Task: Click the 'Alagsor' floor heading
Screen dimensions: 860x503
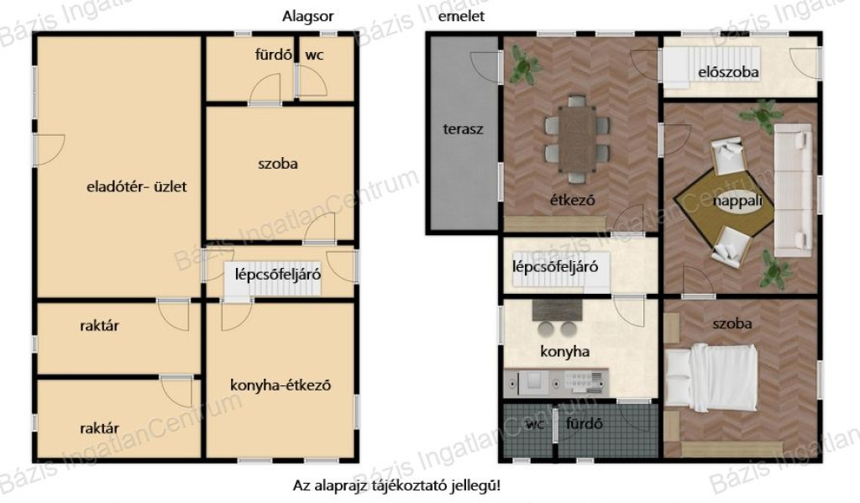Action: tap(307, 17)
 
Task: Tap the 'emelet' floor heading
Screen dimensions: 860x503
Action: tap(461, 17)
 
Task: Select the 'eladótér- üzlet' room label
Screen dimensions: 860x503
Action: tap(137, 186)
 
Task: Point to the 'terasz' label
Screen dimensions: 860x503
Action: tap(463, 129)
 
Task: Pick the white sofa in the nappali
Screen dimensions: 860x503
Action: tap(793, 191)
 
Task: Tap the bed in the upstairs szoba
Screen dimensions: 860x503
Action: tap(711, 378)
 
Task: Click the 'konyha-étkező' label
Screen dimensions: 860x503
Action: tap(281, 385)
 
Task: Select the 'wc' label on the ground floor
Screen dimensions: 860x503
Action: tap(314, 55)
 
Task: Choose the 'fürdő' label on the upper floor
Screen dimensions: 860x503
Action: tap(585, 423)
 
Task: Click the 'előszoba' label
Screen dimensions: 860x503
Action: tap(728, 72)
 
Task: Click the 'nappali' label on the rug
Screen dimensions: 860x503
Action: tap(737, 201)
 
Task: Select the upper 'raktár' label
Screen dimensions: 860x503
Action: tap(99, 326)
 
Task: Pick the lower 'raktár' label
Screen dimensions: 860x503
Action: tap(99, 428)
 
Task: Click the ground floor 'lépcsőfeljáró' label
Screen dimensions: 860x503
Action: tap(277, 274)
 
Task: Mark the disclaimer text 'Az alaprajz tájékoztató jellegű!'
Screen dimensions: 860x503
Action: tap(396, 485)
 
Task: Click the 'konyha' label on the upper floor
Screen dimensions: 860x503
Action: tap(565, 352)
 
